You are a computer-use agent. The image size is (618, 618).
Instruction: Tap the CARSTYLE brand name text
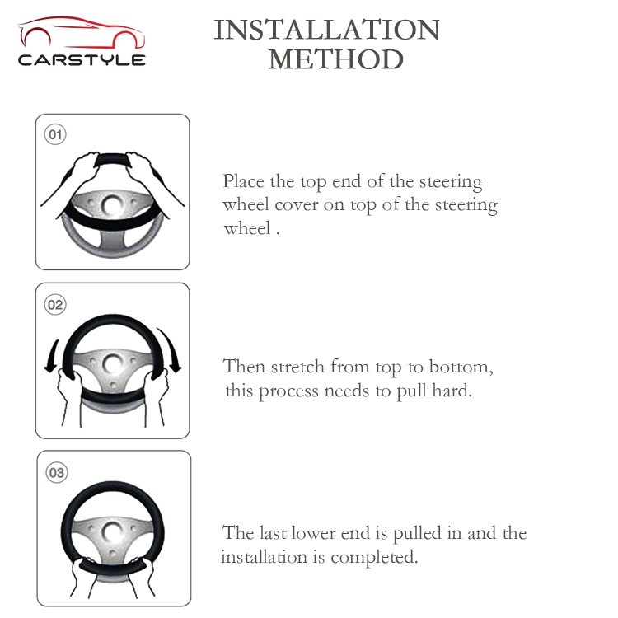(x=82, y=60)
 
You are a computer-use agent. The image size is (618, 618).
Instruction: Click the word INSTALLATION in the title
(x=326, y=30)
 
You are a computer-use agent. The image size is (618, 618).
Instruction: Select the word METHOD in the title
(x=336, y=59)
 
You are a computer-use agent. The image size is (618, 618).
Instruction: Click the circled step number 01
(x=55, y=134)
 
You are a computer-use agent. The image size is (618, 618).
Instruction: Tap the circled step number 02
(x=55, y=305)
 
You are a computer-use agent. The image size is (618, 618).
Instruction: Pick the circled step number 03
(x=57, y=473)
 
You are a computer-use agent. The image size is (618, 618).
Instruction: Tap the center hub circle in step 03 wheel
(x=112, y=532)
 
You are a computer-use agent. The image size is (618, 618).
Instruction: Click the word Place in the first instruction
(x=244, y=182)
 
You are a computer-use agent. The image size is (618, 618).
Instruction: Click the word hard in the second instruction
(x=452, y=391)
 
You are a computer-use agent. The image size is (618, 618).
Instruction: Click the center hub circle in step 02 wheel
(x=113, y=363)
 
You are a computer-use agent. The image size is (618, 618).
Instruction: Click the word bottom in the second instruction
(x=461, y=367)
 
